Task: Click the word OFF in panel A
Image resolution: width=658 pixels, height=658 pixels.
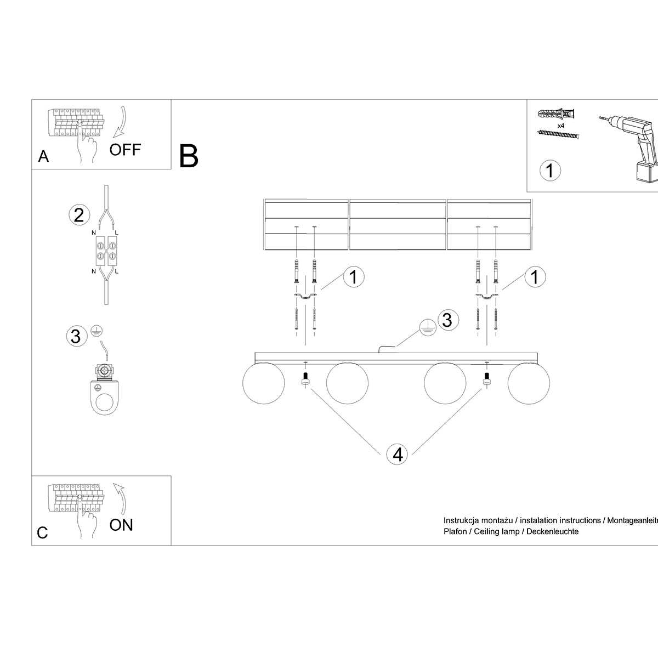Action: (x=125, y=149)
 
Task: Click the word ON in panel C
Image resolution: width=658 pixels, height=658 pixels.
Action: (x=121, y=525)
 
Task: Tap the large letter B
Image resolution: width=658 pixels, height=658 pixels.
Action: (x=189, y=156)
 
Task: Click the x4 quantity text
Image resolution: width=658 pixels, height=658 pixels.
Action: (x=561, y=126)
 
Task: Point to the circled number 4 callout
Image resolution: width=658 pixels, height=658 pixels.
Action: (x=398, y=454)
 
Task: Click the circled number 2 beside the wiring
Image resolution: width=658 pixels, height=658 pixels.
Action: (x=79, y=215)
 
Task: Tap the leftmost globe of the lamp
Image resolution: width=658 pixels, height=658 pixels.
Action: (x=263, y=384)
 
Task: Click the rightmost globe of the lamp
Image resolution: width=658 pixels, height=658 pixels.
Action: (x=527, y=384)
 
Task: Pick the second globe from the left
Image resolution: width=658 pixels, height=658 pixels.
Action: (x=347, y=384)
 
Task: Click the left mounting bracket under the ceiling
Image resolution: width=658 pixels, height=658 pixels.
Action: (x=305, y=296)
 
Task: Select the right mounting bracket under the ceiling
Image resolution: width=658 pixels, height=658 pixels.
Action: (x=486, y=296)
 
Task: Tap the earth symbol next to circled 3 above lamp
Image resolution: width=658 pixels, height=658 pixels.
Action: (x=427, y=327)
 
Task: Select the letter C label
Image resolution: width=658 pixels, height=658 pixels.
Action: (x=43, y=532)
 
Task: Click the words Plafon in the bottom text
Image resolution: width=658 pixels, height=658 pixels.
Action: (x=455, y=531)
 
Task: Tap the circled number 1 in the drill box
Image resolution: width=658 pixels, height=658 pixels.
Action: (x=550, y=171)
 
